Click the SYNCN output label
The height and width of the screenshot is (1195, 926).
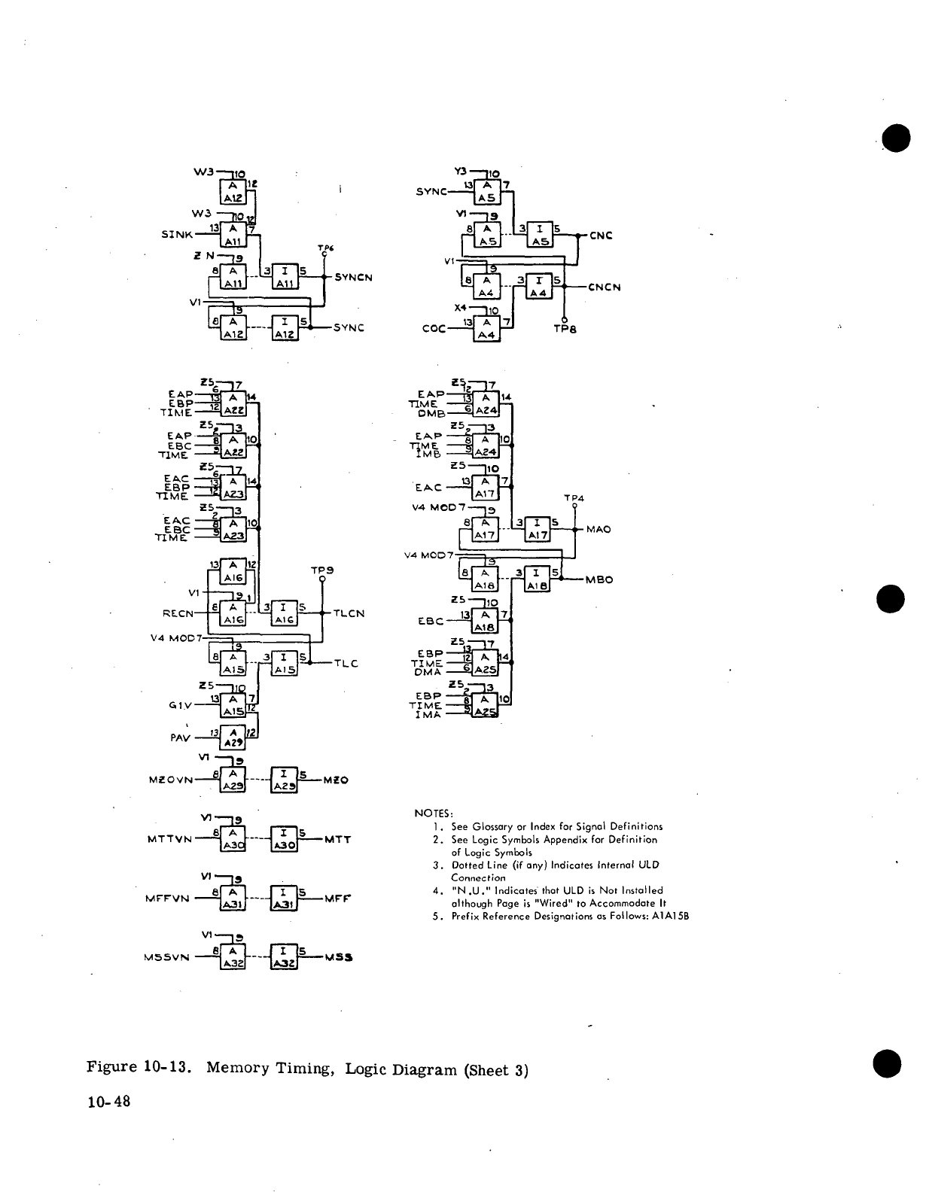(353, 277)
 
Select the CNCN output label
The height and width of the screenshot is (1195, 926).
(604, 287)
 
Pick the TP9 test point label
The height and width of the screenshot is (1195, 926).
(321, 570)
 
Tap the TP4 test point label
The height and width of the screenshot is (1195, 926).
(574, 498)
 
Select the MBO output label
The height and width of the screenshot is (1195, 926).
(599, 580)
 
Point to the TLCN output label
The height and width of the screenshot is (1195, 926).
(349, 613)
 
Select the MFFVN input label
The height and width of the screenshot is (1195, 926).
(169, 898)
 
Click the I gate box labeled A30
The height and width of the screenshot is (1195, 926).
(285, 839)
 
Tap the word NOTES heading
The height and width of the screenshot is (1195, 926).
(434, 813)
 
